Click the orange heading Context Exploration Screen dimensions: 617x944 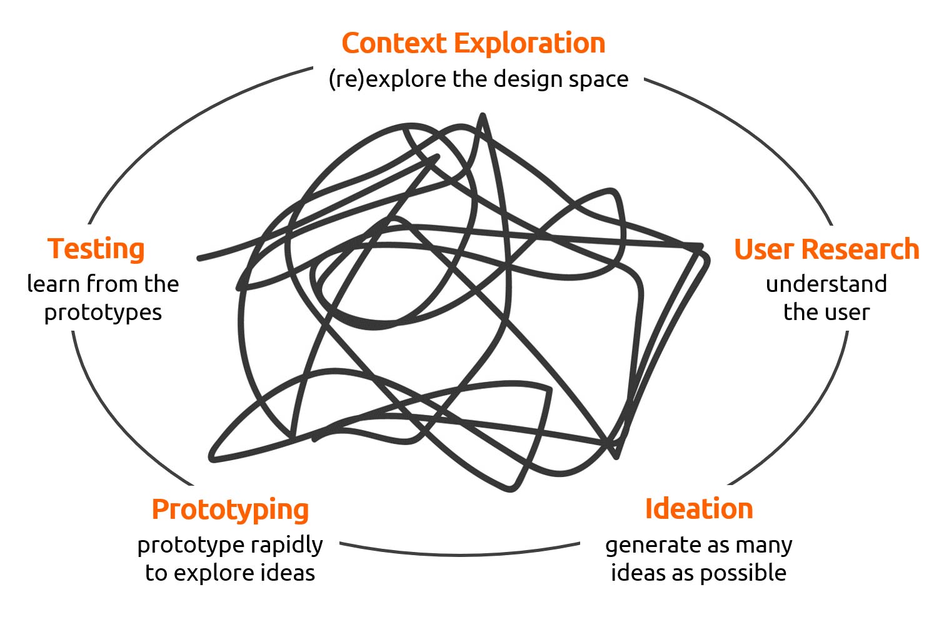coord(473,43)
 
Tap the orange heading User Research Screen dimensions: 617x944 coord(826,249)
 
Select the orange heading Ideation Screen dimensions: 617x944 coord(698,509)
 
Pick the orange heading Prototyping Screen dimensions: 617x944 coord(230,510)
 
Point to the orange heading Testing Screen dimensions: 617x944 coord(96,249)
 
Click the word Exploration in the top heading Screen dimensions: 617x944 coord(530,43)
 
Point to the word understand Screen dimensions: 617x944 coord(826,284)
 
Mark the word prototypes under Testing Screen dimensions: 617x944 coord(103,313)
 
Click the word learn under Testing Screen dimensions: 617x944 coord(53,284)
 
